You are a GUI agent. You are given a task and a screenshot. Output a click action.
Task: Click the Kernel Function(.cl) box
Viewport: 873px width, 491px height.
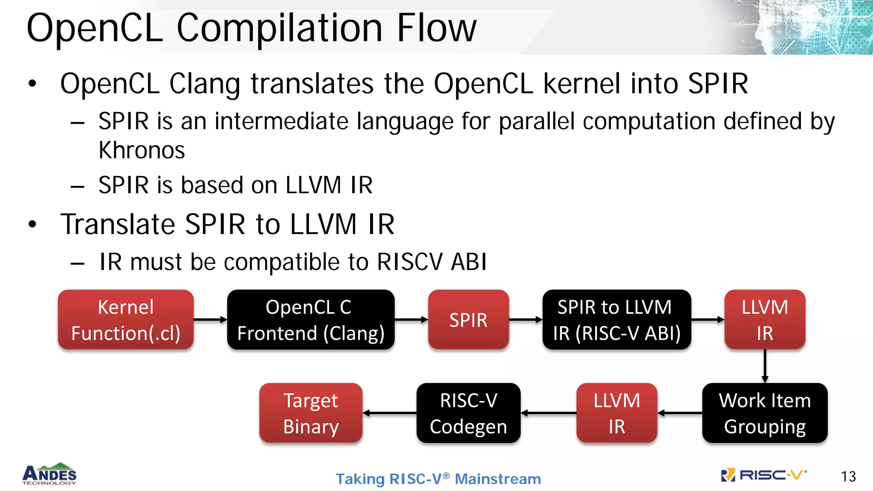(x=126, y=320)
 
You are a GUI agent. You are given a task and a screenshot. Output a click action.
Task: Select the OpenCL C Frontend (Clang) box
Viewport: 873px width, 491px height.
(x=311, y=320)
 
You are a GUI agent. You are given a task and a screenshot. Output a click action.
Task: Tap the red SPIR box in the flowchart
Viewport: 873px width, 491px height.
(x=468, y=320)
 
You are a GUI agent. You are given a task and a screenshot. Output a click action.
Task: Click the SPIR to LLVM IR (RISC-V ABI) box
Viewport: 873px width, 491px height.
(x=616, y=320)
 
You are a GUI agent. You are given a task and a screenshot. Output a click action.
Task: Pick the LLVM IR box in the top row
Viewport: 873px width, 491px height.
(x=765, y=320)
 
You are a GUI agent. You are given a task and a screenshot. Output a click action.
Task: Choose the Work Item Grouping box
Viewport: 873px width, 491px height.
(x=765, y=413)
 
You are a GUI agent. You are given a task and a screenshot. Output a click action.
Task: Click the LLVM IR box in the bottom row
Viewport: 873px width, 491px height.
(x=616, y=413)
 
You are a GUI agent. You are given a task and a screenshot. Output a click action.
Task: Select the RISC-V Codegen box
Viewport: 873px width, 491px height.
(x=468, y=413)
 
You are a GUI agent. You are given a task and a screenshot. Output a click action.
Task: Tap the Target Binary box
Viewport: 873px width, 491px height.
(x=311, y=413)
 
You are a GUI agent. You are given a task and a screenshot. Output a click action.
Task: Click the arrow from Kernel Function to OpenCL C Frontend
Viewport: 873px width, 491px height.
(x=210, y=320)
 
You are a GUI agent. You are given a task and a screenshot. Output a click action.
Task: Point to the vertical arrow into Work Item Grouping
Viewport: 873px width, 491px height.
(x=765, y=366)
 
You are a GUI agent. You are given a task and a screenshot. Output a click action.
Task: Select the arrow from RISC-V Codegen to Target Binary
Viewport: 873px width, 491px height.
(x=390, y=413)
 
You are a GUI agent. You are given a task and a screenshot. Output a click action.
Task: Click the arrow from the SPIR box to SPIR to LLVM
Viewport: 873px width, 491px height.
(x=526, y=320)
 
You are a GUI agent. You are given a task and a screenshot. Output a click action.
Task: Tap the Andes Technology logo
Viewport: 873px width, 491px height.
(x=49, y=474)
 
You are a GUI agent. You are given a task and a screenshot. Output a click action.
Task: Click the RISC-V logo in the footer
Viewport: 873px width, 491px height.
(x=763, y=475)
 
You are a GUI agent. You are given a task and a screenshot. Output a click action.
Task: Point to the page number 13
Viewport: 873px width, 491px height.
(x=848, y=477)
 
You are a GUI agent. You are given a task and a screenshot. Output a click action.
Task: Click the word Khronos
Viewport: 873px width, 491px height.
(x=142, y=150)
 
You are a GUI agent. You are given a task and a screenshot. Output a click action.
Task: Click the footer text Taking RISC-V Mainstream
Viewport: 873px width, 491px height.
(x=438, y=479)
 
